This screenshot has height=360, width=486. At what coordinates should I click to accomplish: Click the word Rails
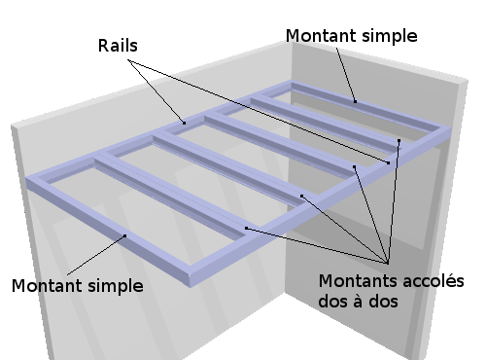pos(118,46)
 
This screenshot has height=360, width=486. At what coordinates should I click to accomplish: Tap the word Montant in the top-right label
pos(321,35)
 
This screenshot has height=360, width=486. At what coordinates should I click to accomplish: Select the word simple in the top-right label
pos(390,36)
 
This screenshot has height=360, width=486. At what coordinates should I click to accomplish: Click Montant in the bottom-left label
pos(47,286)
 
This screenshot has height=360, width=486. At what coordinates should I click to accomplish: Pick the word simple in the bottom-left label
pos(116,287)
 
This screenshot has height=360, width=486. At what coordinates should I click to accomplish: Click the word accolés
pos(433,281)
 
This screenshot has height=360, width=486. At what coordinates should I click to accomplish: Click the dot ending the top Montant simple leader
pos(355,101)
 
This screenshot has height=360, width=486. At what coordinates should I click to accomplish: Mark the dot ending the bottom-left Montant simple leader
pos(125,235)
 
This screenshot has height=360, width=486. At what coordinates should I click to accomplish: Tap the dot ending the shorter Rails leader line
pos(185,123)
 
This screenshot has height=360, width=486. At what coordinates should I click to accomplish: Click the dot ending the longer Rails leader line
pos(389,162)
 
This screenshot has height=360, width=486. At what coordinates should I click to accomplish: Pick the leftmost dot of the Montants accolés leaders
pos(246,229)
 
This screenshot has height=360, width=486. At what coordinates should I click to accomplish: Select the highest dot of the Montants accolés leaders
pos(399,141)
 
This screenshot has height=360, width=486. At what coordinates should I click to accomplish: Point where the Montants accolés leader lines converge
pos(388,263)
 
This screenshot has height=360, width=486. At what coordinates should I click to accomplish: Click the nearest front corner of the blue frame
pos(190,286)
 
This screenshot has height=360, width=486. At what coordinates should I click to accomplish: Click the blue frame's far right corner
pos(451,129)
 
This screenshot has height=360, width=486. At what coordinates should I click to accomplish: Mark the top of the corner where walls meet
pos(292,42)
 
